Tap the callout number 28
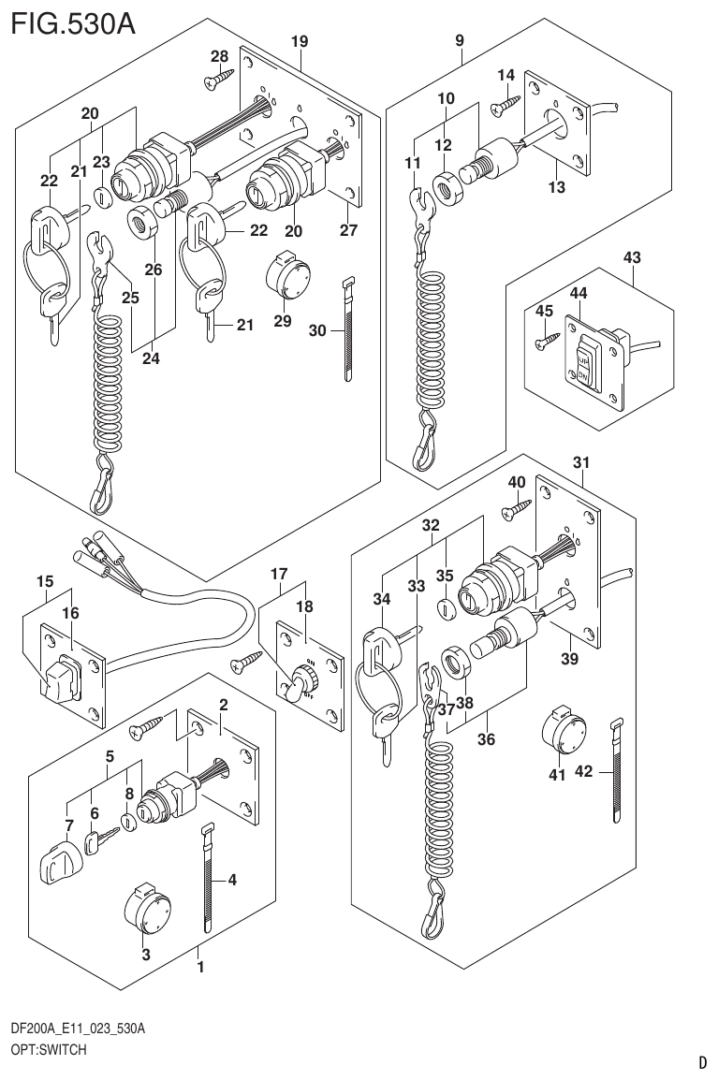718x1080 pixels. [219, 58]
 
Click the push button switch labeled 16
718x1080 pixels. [59, 678]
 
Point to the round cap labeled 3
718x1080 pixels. [145, 908]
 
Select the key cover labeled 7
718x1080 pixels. [59, 862]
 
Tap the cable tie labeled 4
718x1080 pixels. [205, 876]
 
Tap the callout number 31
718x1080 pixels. [581, 461]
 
